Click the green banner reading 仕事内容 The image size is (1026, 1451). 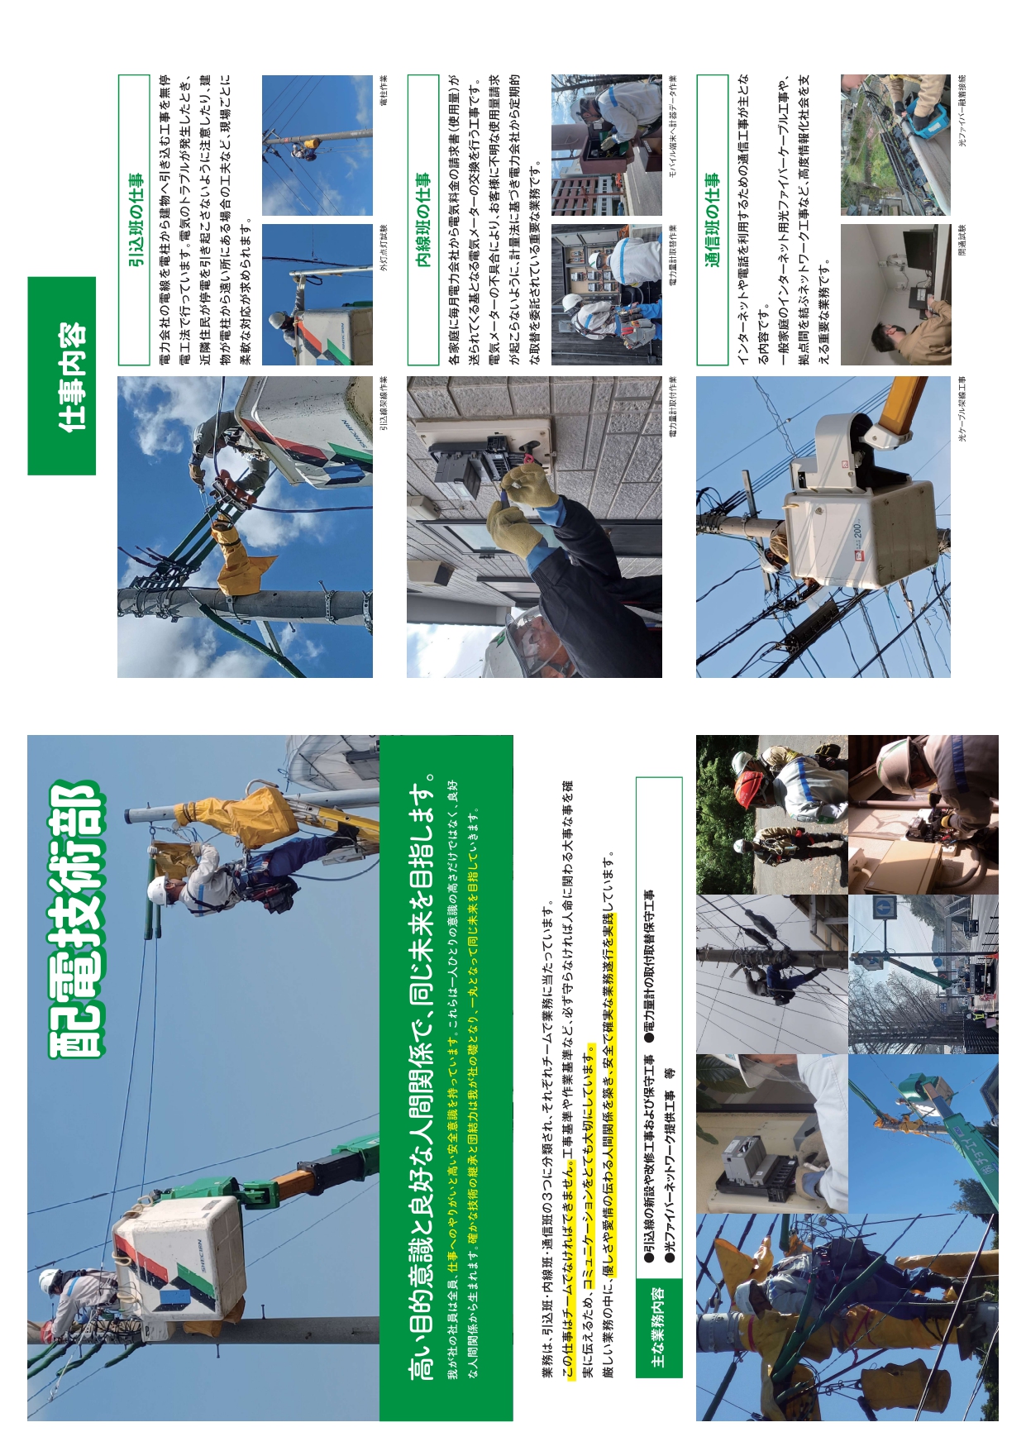click(x=62, y=375)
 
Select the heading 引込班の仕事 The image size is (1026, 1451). click(x=135, y=220)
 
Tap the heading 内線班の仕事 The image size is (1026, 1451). click(x=423, y=220)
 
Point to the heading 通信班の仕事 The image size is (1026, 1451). click(x=713, y=220)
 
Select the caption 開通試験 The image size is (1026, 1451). click(x=962, y=241)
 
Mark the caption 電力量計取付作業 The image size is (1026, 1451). click(x=673, y=406)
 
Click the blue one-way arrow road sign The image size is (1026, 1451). click(x=884, y=909)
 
